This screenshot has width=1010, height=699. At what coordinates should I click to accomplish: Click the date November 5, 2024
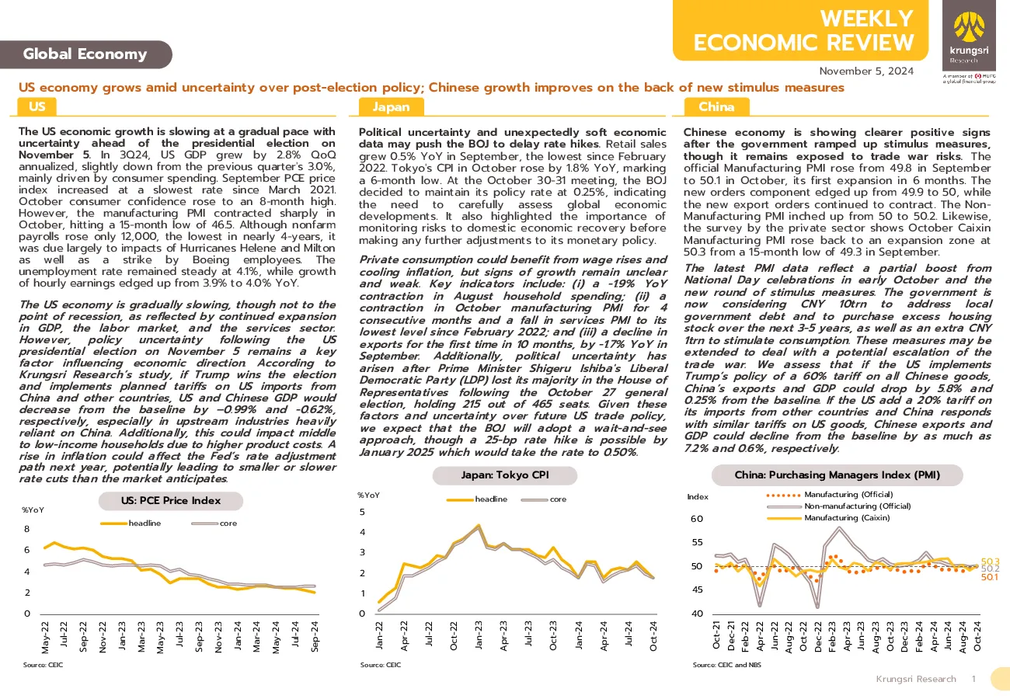point(866,71)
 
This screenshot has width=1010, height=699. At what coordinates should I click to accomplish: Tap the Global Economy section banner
point(85,54)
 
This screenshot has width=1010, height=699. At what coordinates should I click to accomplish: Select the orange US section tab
point(37,107)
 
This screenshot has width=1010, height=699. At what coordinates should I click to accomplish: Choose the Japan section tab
point(391,107)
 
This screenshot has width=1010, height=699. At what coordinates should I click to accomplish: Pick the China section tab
point(716,107)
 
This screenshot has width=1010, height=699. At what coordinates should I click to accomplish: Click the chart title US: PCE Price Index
point(171,501)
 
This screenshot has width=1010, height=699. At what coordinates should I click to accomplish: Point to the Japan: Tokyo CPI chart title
point(504,475)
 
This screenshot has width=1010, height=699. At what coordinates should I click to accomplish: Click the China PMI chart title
point(838,475)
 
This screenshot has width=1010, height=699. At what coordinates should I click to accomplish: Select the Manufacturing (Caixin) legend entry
point(828,518)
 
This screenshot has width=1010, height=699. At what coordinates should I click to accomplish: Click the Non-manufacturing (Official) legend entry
point(838,506)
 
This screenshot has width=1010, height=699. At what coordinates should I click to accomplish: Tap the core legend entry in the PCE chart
point(214,523)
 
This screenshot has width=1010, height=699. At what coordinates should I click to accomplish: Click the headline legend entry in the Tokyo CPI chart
point(476,499)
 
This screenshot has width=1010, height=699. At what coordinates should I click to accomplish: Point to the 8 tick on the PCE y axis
point(27,529)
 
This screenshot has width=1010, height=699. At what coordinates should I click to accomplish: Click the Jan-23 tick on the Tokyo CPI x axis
point(479,635)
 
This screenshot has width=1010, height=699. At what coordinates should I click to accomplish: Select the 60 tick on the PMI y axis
point(697,519)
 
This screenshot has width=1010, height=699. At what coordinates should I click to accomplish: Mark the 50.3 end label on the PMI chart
point(990,561)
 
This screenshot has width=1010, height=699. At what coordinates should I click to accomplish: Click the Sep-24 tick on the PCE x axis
point(315,636)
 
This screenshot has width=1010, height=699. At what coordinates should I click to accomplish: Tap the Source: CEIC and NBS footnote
point(727,665)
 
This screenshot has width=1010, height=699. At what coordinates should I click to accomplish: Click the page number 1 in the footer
point(974,679)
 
